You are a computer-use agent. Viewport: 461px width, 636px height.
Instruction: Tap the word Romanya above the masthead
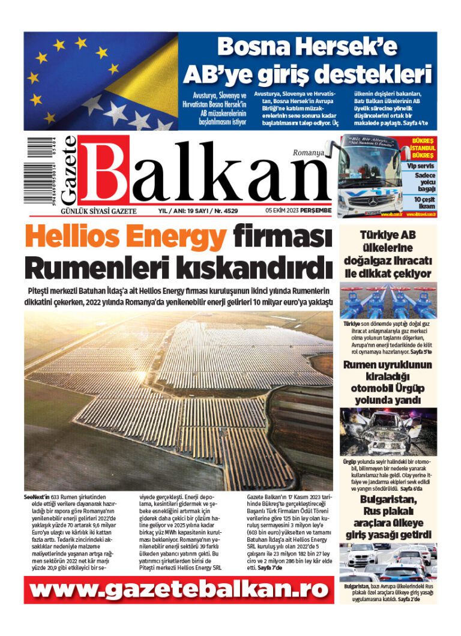(308, 154)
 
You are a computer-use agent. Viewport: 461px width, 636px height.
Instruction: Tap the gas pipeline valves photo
(388, 301)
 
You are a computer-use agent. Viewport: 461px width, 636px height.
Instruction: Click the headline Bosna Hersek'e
(307, 47)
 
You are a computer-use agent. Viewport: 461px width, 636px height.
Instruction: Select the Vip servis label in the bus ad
(419, 165)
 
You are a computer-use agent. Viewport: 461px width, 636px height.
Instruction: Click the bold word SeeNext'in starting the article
(37, 497)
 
